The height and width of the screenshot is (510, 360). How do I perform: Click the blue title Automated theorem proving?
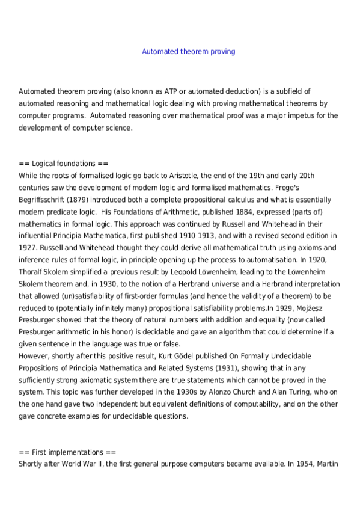[188, 52]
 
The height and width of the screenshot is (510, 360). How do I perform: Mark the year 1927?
[28, 247]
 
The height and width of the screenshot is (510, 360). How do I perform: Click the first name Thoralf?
[31, 271]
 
